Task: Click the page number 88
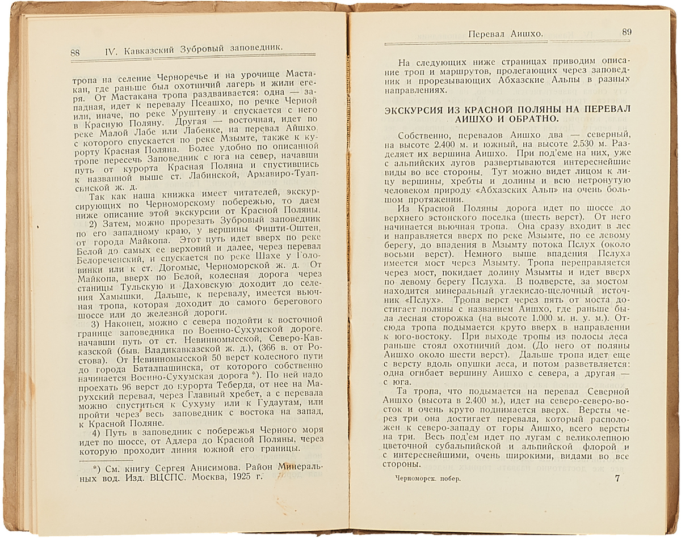(75, 53)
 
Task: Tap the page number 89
(627, 32)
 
